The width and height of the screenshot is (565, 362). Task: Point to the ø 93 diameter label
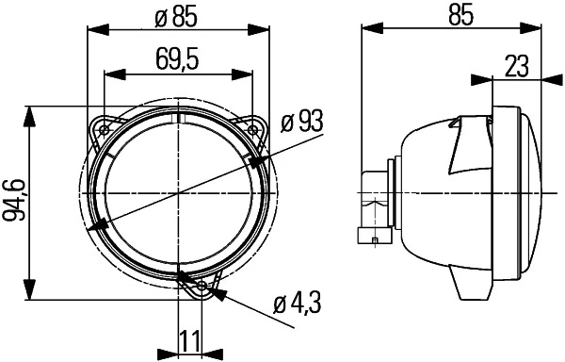301,121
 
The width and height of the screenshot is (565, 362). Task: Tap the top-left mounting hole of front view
105,127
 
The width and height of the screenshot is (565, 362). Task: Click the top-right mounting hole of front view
253,127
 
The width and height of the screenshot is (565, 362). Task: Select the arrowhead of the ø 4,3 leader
218,293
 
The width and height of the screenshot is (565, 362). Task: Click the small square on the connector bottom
376,242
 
